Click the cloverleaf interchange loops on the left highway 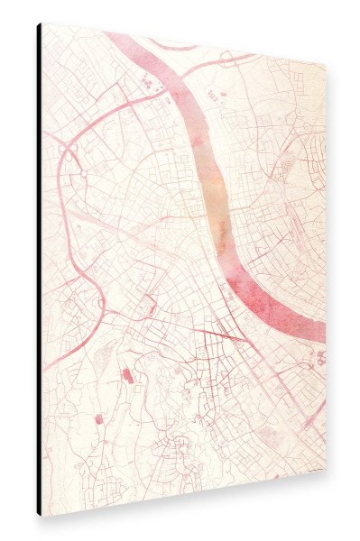tap(67, 153)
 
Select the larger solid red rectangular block tap(126, 375)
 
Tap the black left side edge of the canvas tap(39, 270)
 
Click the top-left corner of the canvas tap(42, 24)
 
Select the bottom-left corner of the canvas tap(42, 516)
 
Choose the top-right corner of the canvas tap(326, 65)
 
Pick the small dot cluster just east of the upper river tap(213, 94)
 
